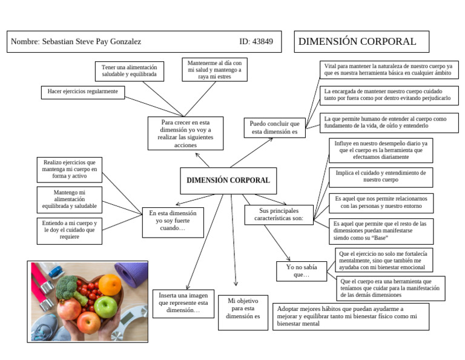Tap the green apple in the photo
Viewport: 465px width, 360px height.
[105, 306]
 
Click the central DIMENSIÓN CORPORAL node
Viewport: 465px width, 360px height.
[228, 180]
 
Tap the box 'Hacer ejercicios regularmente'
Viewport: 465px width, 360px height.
[82, 92]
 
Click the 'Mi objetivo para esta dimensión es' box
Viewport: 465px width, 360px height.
[243, 312]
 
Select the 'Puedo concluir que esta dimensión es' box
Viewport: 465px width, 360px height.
[274, 127]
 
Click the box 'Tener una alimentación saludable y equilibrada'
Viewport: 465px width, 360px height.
[129, 71]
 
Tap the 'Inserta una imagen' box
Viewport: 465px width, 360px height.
[182, 302]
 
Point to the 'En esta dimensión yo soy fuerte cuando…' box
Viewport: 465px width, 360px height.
[173, 222]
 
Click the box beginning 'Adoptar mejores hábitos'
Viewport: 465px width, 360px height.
[351, 316]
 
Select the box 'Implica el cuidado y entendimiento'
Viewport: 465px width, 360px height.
[380, 176]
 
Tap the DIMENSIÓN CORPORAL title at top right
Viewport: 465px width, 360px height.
[357, 42]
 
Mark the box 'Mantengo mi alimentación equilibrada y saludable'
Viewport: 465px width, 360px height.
[69, 199]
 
